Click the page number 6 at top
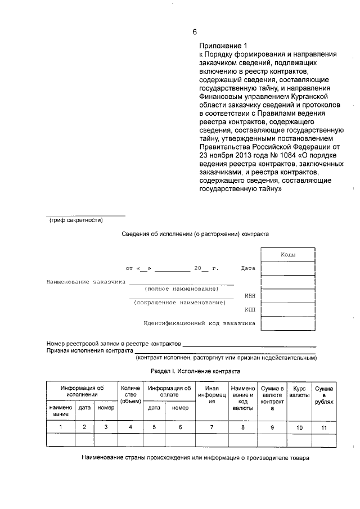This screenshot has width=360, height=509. click(195, 31)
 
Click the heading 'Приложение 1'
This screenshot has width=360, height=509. click(223, 46)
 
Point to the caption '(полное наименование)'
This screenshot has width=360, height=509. click(181, 289)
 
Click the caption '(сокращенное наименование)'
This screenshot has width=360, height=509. click(179, 303)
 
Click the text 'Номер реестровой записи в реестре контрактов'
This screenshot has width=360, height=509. click(113, 343)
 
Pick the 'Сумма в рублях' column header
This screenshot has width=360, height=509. click(324, 395)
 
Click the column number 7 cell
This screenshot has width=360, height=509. click(211, 427)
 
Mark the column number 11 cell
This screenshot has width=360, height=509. click(324, 427)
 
